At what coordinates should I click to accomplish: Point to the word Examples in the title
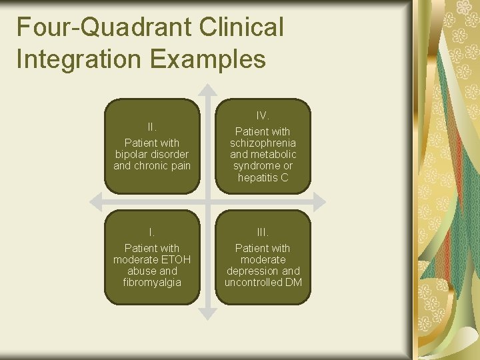pyautogui.click(x=208, y=59)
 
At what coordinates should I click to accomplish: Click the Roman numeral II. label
pyautogui.click(x=152, y=127)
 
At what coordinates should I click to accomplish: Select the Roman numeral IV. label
pyautogui.click(x=263, y=116)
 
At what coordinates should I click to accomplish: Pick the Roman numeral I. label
pyautogui.click(x=152, y=232)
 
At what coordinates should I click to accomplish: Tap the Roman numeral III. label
pyautogui.click(x=263, y=232)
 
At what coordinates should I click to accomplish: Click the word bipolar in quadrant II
pyautogui.click(x=132, y=154)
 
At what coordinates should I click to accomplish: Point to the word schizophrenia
pyautogui.click(x=263, y=143)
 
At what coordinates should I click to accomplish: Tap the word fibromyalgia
pyautogui.click(x=152, y=283)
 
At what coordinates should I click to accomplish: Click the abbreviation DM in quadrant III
pyautogui.click(x=293, y=283)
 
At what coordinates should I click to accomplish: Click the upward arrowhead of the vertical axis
pyautogui.click(x=208, y=89)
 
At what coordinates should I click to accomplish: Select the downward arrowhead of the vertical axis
pyautogui.click(x=208, y=312)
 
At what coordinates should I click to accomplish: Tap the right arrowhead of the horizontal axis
pyautogui.click(x=319, y=201)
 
